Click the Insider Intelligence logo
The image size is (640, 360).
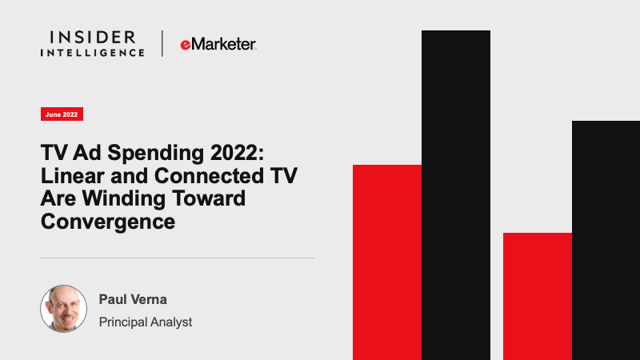[x=92, y=43]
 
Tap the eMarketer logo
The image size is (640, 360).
[x=218, y=44]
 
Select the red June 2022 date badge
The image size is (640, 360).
[x=62, y=114]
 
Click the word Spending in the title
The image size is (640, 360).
[x=155, y=153]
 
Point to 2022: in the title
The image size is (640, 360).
[x=237, y=153]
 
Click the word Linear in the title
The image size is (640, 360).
[x=73, y=175]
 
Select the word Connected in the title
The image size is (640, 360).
[x=209, y=175]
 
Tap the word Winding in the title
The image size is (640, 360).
[x=124, y=198]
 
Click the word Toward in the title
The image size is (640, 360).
[x=209, y=198]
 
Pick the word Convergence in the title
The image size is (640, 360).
[x=108, y=222]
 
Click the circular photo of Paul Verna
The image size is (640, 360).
[x=64, y=309]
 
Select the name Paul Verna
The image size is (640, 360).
[x=133, y=299]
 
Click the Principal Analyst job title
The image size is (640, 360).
[x=146, y=322]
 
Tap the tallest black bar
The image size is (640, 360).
[x=456, y=195]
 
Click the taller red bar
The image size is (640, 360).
[x=387, y=262]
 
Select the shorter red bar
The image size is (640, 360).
[x=537, y=296]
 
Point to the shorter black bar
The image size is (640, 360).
[x=606, y=241]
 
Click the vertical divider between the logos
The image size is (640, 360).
[x=162, y=43]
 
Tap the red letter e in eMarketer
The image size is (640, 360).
[x=186, y=45]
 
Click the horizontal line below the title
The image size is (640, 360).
[x=177, y=258]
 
